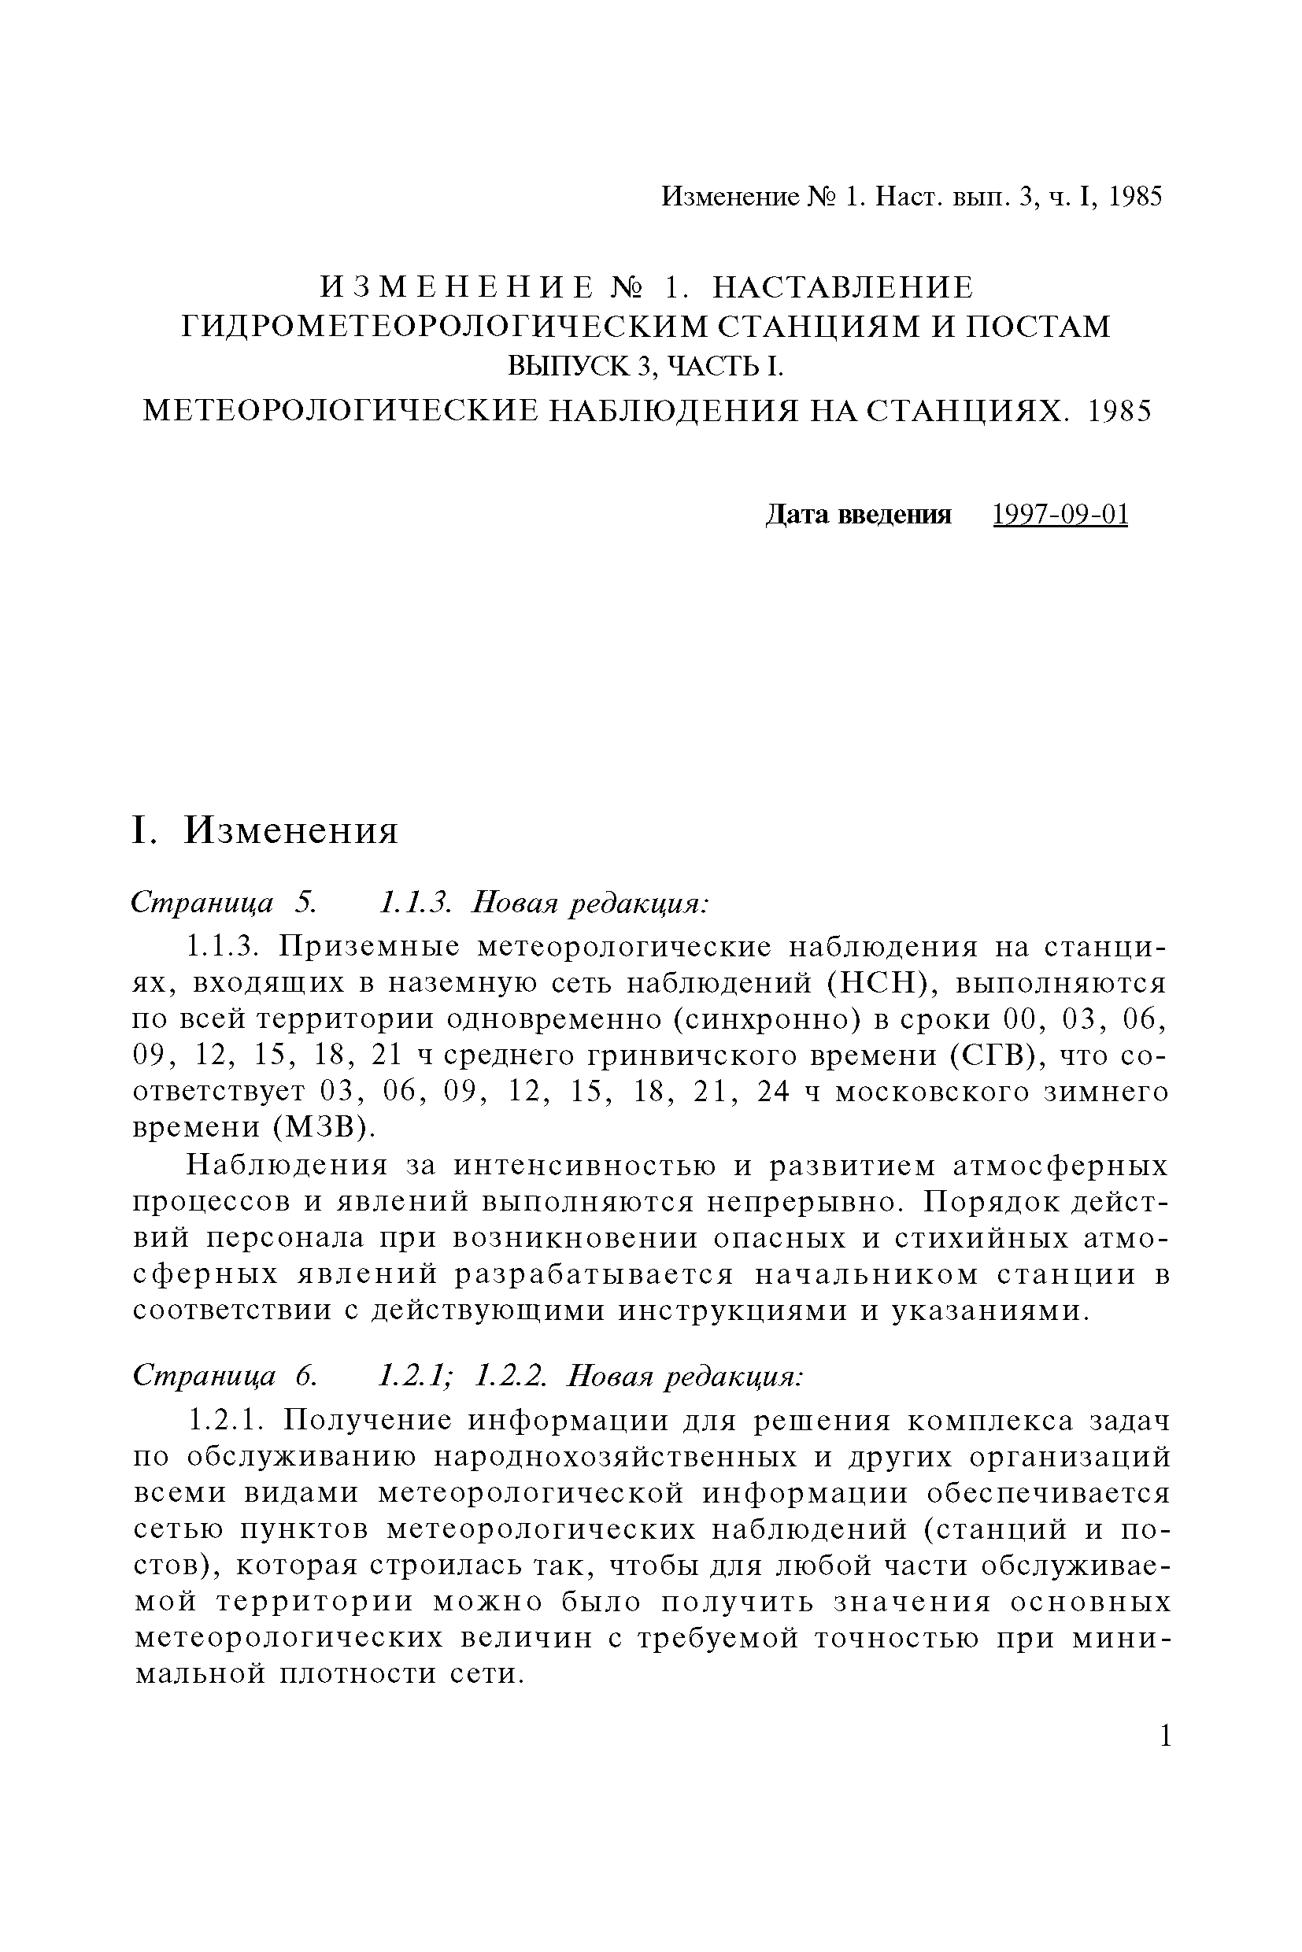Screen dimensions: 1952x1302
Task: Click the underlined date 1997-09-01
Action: pos(1060,515)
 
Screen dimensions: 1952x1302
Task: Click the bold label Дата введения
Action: pos(857,515)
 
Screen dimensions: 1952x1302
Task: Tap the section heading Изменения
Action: pos(290,830)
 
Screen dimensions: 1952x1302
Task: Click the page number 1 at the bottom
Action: pos(1166,1736)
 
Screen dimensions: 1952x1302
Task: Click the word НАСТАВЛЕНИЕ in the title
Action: pos(843,287)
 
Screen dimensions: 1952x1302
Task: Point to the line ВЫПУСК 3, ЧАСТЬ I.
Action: pos(645,366)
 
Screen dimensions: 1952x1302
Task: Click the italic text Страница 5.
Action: pos(224,903)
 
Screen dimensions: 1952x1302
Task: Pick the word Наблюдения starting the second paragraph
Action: pos(287,1166)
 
